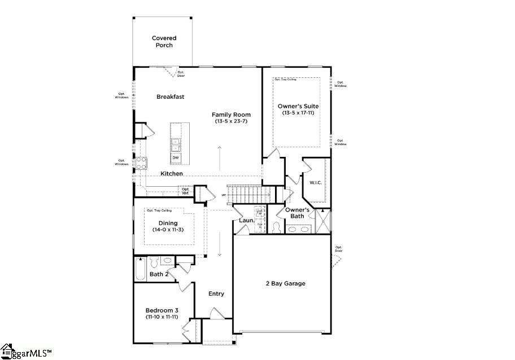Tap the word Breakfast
pos(170,97)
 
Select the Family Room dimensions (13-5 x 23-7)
pos(232,121)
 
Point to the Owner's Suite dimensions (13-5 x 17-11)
pos(298,113)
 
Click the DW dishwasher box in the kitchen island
pos(176,157)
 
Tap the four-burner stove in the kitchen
pos(141,163)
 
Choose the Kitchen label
pos(171,174)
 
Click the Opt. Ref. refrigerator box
pos(185,191)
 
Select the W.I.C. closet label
pos(315,182)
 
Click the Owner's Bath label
pos(297,213)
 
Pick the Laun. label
pos(245,221)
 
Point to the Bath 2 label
pos(159,274)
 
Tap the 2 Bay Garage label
pos(285,283)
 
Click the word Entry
pos(216,293)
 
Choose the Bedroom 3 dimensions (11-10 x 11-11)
pos(162,318)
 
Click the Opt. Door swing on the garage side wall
pos(336,261)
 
